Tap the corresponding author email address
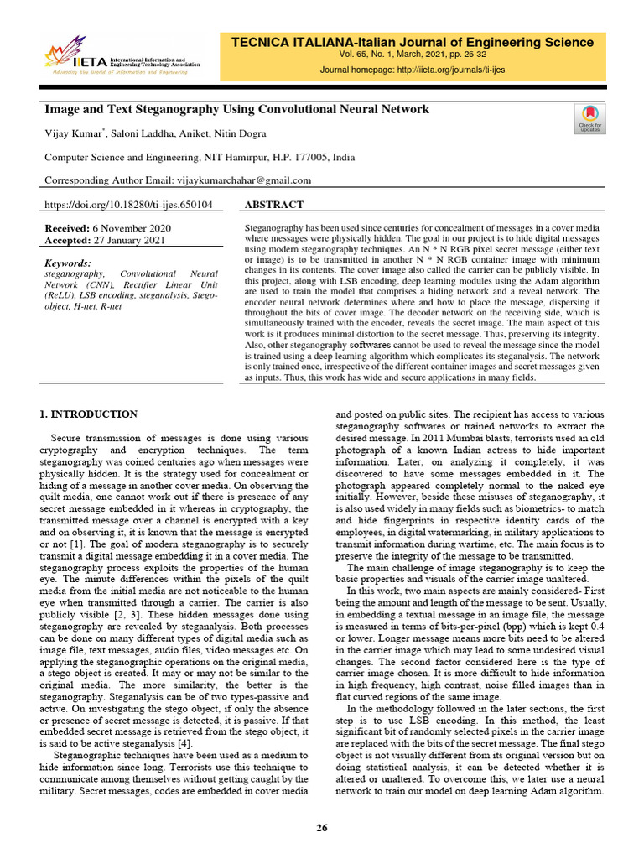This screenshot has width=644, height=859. tap(244, 180)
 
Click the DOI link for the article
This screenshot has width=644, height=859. tap(127, 205)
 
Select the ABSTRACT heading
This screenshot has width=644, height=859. tap(273, 205)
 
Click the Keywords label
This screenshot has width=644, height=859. tap(67, 263)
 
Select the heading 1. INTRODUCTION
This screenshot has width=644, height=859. tap(89, 414)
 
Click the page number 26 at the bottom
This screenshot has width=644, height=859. tap(321, 829)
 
